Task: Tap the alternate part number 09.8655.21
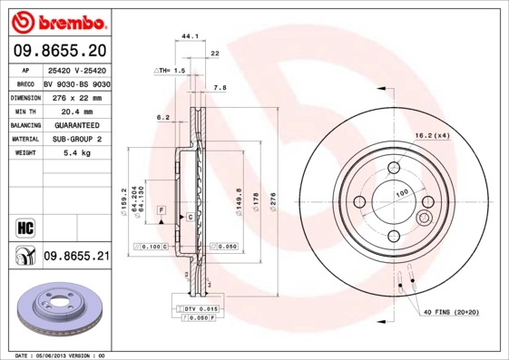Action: coord(76,258)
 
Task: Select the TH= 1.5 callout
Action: coord(170,70)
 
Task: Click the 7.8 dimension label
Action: coord(219,88)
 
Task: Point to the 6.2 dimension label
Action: coord(163,117)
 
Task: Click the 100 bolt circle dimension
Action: coord(402,193)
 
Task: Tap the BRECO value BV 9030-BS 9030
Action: coord(75,82)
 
